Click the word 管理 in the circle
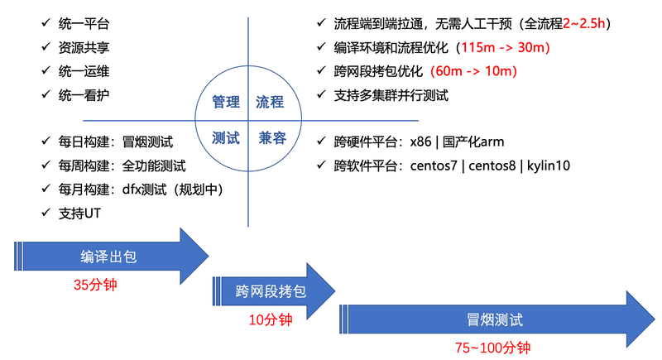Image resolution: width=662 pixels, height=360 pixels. tap(226, 102)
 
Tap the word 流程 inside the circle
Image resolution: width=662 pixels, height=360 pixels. tap(270, 102)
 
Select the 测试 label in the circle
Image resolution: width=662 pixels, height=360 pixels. tap(226, 137)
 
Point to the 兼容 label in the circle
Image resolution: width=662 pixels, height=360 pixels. tap(272, 137)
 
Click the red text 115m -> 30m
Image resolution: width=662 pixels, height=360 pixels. tap(505, 47)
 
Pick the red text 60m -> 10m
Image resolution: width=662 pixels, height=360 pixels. tap(473, 71)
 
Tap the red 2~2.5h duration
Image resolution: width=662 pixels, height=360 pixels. tap(584, 23)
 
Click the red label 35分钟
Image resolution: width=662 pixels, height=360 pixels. tap(95, 285)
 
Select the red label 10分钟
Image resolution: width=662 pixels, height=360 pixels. tap(271, 319)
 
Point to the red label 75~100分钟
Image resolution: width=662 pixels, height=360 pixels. tap(492, 348)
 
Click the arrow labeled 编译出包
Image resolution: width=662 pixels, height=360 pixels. tap(112, 257)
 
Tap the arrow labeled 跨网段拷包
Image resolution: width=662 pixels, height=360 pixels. tap(274, 291)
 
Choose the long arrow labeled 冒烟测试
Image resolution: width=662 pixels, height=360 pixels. tap(497, 319)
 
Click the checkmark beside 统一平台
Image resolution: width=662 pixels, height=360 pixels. tap(46, 22)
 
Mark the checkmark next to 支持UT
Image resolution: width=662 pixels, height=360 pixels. tap(46, 213)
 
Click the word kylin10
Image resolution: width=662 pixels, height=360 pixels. tap(549, 166)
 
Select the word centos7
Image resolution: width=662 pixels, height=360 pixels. tap(434, 166)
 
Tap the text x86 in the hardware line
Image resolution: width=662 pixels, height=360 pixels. tap(420, 142)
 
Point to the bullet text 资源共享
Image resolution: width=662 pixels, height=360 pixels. tap(84, 47)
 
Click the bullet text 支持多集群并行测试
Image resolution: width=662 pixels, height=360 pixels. tap(391, 95)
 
